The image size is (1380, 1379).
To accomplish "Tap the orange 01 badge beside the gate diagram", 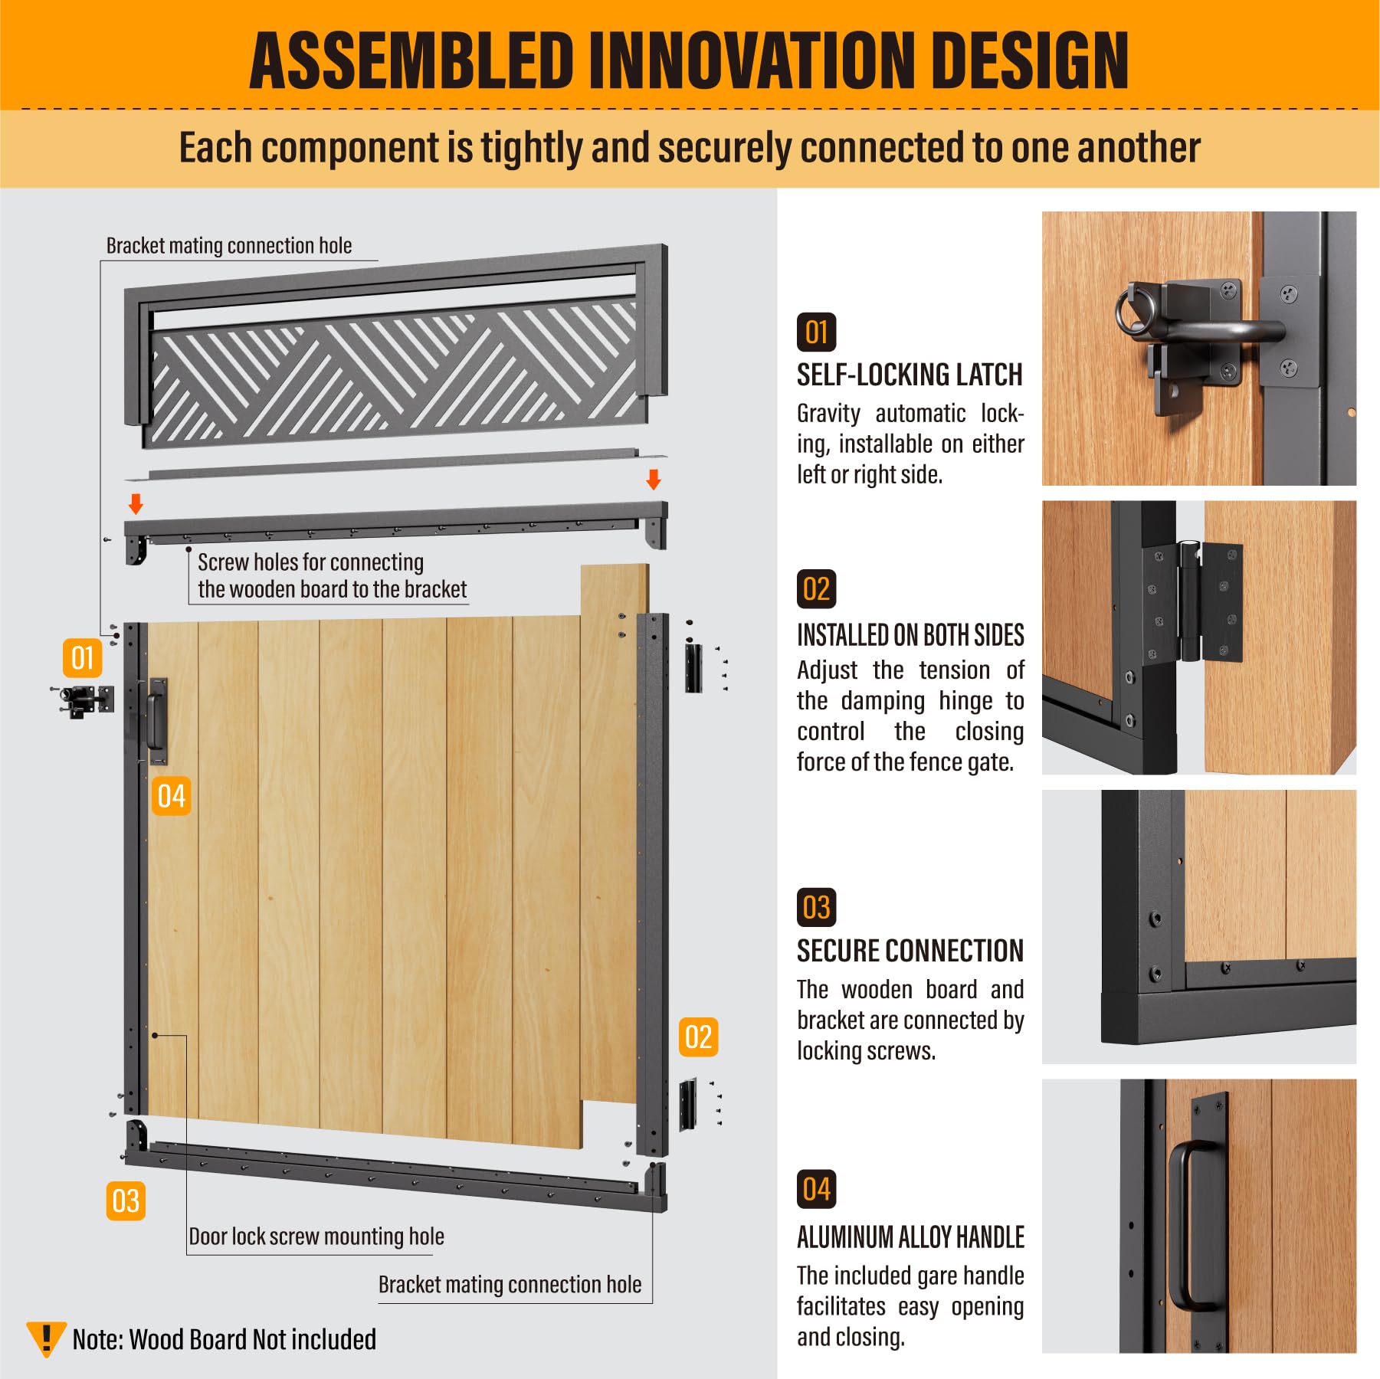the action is click(83, 658).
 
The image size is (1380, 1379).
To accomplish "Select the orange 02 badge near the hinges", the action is click(699, 1037).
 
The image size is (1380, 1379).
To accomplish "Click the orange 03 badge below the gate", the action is click(126, 1200).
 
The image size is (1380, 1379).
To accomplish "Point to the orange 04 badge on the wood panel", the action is click(172, 796).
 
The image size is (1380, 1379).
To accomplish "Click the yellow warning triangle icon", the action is click(46, 1338).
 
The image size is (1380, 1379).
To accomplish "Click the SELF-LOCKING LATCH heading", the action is click(910, 375).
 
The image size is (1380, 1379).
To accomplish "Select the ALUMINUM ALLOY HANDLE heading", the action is click(910, 1237).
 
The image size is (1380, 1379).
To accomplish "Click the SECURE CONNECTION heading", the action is click(910, 951).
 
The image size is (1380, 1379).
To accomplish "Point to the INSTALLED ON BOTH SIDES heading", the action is click(910, 635).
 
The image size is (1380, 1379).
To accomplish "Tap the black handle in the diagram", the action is click(156, 721).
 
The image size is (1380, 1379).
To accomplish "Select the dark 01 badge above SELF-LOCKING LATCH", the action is click(816, 332).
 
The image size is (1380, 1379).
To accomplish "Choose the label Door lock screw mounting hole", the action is click(316, 1237).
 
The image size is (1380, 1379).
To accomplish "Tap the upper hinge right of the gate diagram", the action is click(693, 667).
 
